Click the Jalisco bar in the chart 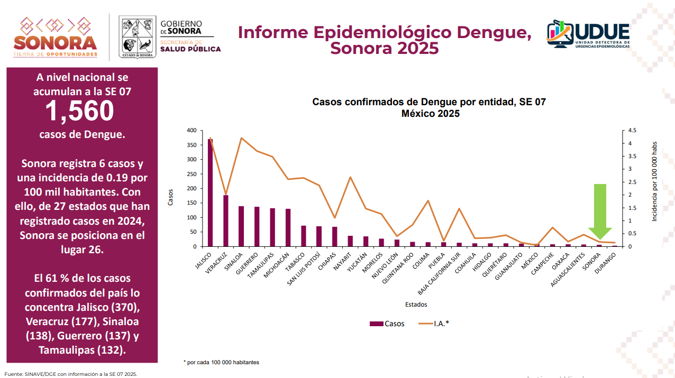point(210,193)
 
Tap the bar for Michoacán point(288,228)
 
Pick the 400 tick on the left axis point(191,131)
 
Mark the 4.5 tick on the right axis point(633,131)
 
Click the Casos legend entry point(387,324)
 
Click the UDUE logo point(588,35)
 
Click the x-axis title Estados point(416,305)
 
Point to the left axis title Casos point(170,197)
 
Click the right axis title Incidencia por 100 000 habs point(654,181)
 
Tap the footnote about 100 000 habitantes point(221,362)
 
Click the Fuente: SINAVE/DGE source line point(71,374)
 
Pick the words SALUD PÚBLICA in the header point(190,49)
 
